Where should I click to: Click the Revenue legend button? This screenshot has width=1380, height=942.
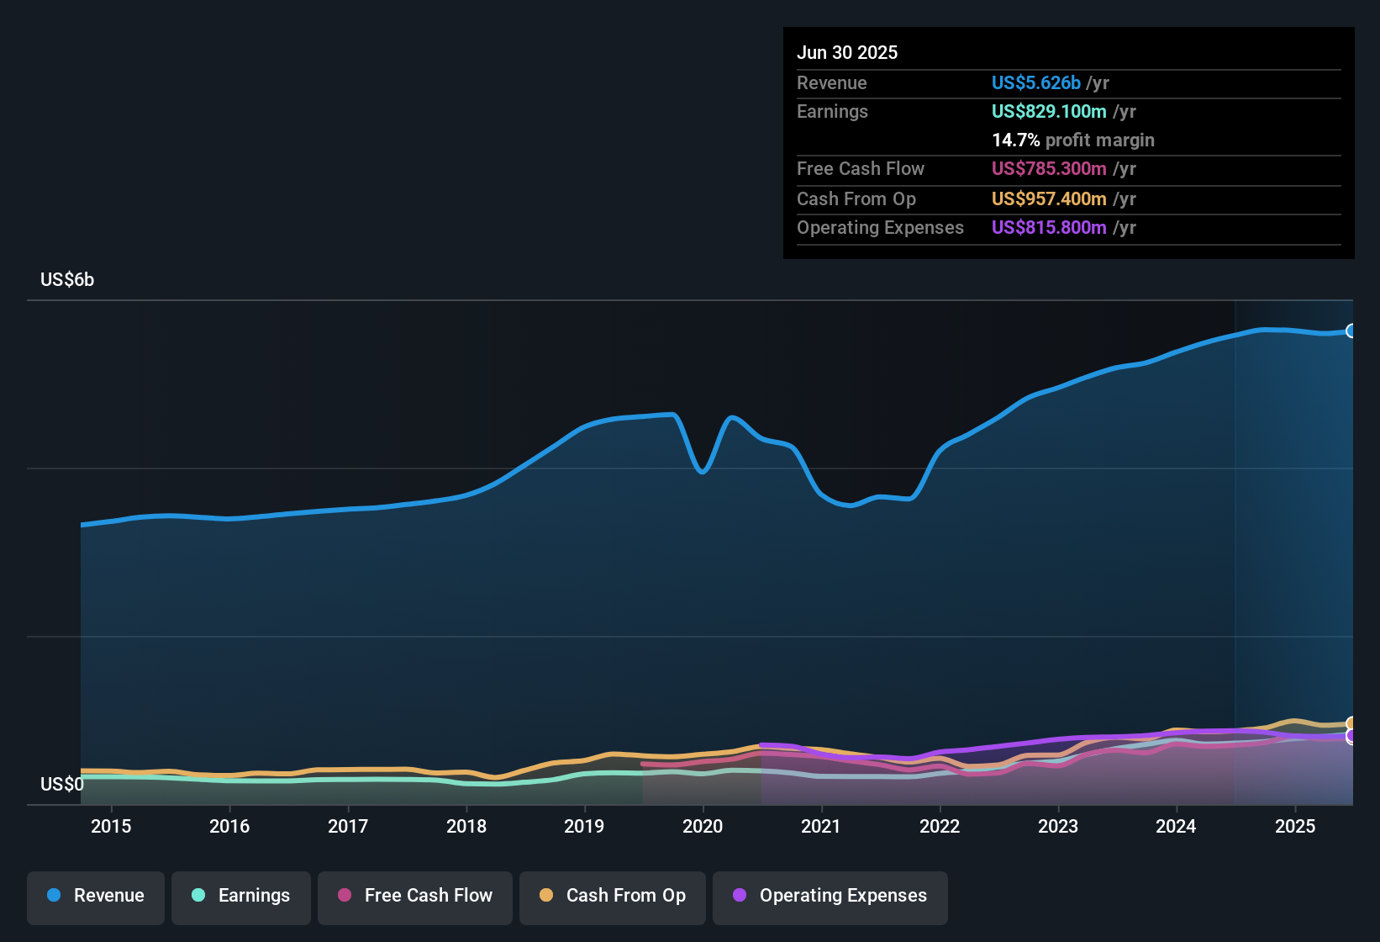(x=96, y=896)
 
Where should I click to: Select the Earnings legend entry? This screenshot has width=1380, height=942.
(x=240, y=896)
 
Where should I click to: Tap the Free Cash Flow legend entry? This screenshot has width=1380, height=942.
(x=414, y=896)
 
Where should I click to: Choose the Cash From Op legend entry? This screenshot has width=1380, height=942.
(x=612, y=896)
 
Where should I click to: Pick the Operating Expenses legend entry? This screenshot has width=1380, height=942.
(x=830, y=896)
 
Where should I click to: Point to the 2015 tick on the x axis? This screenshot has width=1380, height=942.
(x=111, y=826)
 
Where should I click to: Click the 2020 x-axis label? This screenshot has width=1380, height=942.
(x=703, y=826)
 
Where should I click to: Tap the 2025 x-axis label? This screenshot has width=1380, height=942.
(x=1295, y=826)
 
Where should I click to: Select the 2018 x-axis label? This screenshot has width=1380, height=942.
(x=466, y=826)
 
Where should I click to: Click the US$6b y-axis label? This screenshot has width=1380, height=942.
(x=67, y=279)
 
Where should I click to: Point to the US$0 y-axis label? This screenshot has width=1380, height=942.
(x=62, y=784)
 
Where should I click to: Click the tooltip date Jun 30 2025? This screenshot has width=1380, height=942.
(x=847, y=52)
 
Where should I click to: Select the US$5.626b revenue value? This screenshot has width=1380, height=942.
(x=1035, y=82)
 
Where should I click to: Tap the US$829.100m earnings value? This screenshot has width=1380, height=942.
(x=1048, y=111)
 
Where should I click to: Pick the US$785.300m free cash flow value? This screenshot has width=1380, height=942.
(x=1048, y=168)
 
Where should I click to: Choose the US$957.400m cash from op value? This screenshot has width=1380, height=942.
(x=1048, y=198)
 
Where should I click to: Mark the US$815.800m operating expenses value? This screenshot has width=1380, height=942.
(x=1048, y=227)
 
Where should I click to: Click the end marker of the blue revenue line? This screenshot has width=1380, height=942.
(x=1351, y=331)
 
